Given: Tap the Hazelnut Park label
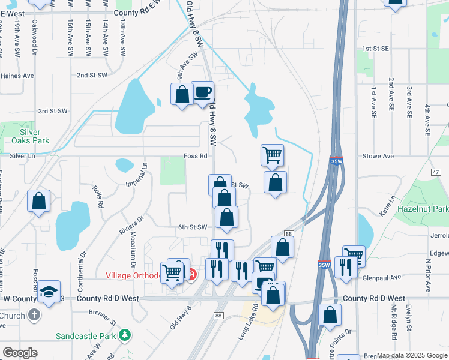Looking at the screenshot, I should (422, 209).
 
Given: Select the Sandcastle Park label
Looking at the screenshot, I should (85, 336).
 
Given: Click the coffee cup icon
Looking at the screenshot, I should (203, 92).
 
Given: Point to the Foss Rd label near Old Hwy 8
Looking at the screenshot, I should (196, 156).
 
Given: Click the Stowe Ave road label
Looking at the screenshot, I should (378, 156).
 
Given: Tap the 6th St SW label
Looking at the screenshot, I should (192, 227).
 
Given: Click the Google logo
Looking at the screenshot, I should (20, 353).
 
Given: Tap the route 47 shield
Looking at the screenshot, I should (436, 172).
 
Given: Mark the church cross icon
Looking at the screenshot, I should (34, 315).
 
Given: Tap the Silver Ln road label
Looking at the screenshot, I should (23, 156).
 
